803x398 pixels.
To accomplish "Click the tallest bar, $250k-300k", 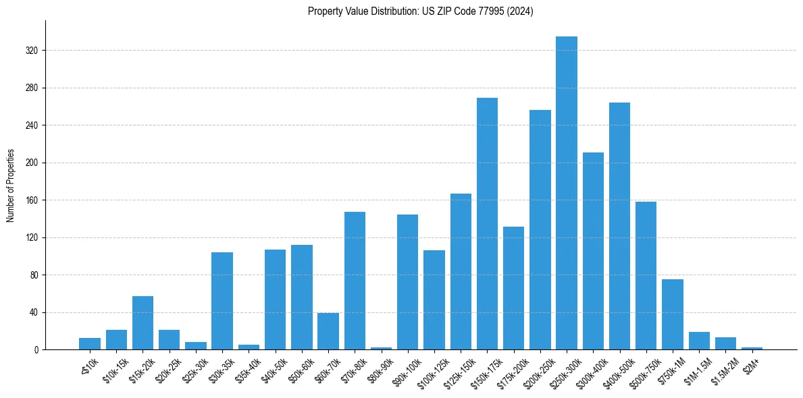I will point(567,193).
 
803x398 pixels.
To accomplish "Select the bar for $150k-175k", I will point(487,224).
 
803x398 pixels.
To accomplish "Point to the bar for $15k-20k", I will point(143,323).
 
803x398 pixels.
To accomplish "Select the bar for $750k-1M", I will point(673,314).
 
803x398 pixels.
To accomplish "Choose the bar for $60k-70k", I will point(328,331).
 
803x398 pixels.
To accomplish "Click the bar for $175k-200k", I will point(513,288).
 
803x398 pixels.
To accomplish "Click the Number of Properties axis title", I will point(10,186).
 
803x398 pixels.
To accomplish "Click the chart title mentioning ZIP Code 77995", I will point(420,11).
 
